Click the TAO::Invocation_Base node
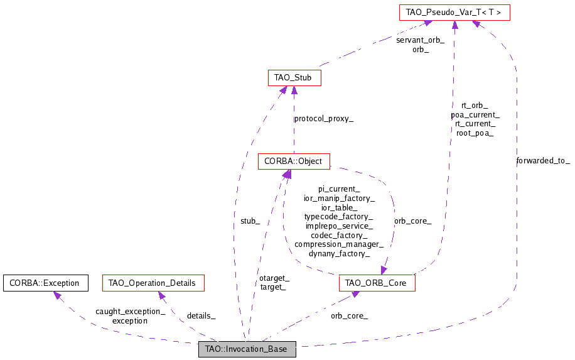[x=247, y=349]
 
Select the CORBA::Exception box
[x=45, y=283]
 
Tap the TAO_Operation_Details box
[x=153, y=283]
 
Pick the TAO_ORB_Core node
[x=376, y=283]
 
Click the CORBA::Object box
[x=293, y=161]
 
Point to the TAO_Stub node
[x=294, y=77]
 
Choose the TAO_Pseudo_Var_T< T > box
[x=454, y=11]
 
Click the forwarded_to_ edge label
[x=543, y=160]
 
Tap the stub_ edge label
[x=250, y=221]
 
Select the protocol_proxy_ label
[x=324, y=118]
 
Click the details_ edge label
[x=201, y=315]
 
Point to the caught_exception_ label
[x=130, y=311]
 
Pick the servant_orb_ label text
[x=420, y=40]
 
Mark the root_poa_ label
[x=475, y=133]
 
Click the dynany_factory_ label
[x=339, y=253]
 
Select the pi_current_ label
[x=339, y=188]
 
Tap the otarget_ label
[x=274, y=278]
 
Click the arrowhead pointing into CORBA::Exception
[x=57, y=295]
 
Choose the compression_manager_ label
[x=339, y=244]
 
